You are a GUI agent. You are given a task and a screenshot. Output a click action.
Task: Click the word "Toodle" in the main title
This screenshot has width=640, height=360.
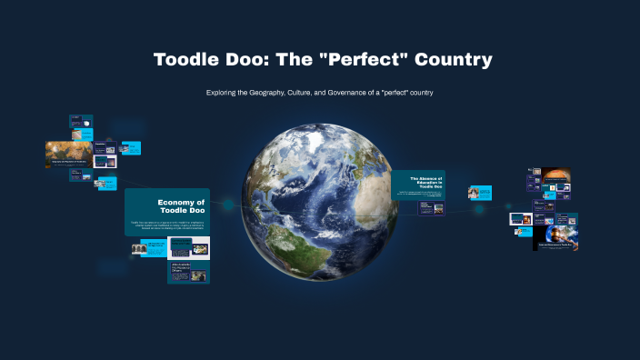185,60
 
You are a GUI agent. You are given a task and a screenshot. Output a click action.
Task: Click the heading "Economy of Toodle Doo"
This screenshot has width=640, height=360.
181,206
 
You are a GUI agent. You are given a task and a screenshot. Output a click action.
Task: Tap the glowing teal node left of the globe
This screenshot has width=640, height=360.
227,205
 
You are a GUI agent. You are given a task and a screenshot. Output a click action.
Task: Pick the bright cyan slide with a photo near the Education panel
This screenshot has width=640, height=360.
479,192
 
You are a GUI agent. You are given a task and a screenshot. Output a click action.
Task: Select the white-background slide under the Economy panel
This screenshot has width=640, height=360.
189,246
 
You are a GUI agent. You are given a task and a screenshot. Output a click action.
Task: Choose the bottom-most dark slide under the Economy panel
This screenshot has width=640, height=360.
188,272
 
